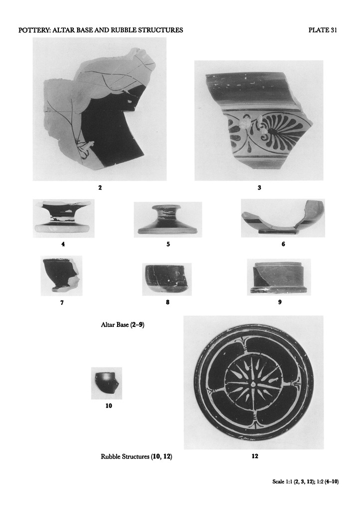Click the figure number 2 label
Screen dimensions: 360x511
pos(100,188)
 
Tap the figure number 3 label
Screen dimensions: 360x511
pos(259,188)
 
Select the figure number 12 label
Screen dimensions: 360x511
pos(255,456)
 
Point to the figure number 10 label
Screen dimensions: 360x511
pos(109,406)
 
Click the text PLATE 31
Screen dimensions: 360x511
pos(323,30)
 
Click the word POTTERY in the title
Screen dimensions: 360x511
pos(33,30)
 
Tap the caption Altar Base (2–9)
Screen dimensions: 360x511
pos(123,324)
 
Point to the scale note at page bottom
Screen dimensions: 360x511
pos(305,482)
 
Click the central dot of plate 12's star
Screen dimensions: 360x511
pos(253,384)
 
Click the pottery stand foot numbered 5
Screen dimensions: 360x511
pos(168,220)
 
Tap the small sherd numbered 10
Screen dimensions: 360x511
pos(106,383)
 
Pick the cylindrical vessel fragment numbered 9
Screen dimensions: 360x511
pos(279,277)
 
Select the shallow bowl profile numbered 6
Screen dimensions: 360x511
pos(283,218)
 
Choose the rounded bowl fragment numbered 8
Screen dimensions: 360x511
pos(167,279)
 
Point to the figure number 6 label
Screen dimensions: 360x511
pos(283,244)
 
